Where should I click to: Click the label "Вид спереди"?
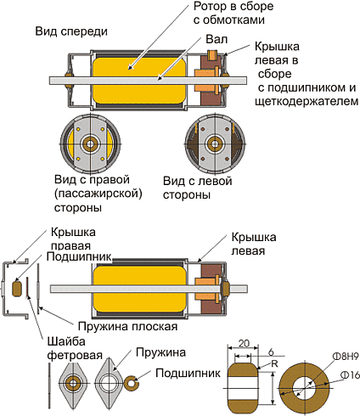pos(71,31)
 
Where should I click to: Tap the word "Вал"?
pos(217,39)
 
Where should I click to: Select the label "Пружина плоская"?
pos(127,327)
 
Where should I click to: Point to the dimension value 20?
pos(244,343)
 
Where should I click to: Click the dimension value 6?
pos(271,352)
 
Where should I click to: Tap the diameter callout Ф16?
pos(350,375)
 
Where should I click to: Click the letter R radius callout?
pos(274,363)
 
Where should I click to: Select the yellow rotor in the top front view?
pos(139,81)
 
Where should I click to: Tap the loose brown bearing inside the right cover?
pos(16,289)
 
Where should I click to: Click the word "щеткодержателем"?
pos(307,101)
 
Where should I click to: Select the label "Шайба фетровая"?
pos(75,348)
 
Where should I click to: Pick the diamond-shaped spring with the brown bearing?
pos(73,384)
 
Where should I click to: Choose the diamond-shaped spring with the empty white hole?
pos(109,384)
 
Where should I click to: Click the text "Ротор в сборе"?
pos(233,6)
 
